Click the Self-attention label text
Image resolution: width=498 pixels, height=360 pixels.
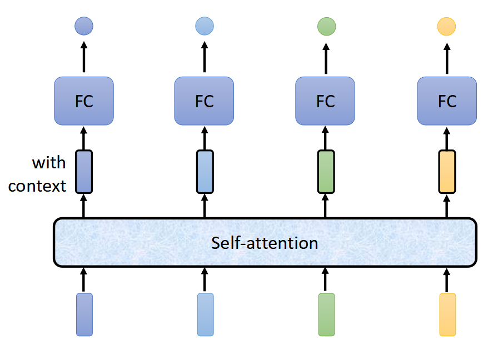click(265, 243)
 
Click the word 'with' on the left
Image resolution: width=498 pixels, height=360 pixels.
click(49, 163)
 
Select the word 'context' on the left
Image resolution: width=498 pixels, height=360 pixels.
click(37, 186)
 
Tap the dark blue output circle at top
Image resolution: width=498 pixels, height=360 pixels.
click(84, 26)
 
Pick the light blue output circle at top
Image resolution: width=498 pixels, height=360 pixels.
click(205, 26)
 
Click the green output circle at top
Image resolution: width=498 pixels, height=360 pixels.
click(326, 26)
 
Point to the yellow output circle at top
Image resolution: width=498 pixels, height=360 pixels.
click(447, 26)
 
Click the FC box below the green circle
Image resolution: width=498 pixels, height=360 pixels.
click(325, 101)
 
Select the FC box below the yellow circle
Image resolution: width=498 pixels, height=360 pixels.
click(447, 101)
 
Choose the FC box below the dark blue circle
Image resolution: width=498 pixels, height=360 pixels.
click(84, 101)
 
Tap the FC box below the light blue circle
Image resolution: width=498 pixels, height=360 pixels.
click(204, 101)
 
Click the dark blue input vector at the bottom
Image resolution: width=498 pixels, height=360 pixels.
click(84, 315)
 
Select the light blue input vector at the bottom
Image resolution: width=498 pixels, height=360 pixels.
click(205, 315)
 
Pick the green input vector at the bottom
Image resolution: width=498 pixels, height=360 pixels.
click(326, 315)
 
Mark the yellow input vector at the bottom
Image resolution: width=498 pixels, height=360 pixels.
click(447, 315)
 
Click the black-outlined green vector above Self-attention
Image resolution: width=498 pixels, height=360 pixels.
click(326, 172)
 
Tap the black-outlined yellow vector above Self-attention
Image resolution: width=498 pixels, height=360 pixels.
click(447, 172)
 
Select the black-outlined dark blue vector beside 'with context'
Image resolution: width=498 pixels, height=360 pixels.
click(84, 172)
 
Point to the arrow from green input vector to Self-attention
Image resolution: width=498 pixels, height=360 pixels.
click(326, 279)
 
